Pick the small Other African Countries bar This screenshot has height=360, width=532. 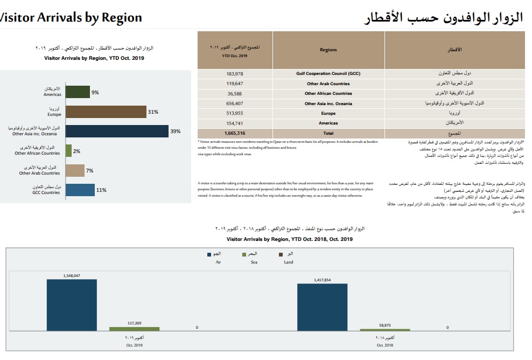click(68, 151)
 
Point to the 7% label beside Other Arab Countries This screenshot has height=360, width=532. click(90, 171)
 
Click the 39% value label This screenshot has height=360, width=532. click(175, 131)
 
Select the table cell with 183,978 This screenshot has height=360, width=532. click(235, 73)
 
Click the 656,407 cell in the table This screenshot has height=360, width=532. click(235, 103)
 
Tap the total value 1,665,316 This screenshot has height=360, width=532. click(235, 133)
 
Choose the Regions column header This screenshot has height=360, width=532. click(328, 50)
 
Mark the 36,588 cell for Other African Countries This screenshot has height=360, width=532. click(235, 93)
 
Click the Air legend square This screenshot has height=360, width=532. click(209, 254)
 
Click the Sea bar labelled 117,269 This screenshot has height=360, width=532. click(135, 328)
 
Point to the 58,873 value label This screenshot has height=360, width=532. click(384, 325)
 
